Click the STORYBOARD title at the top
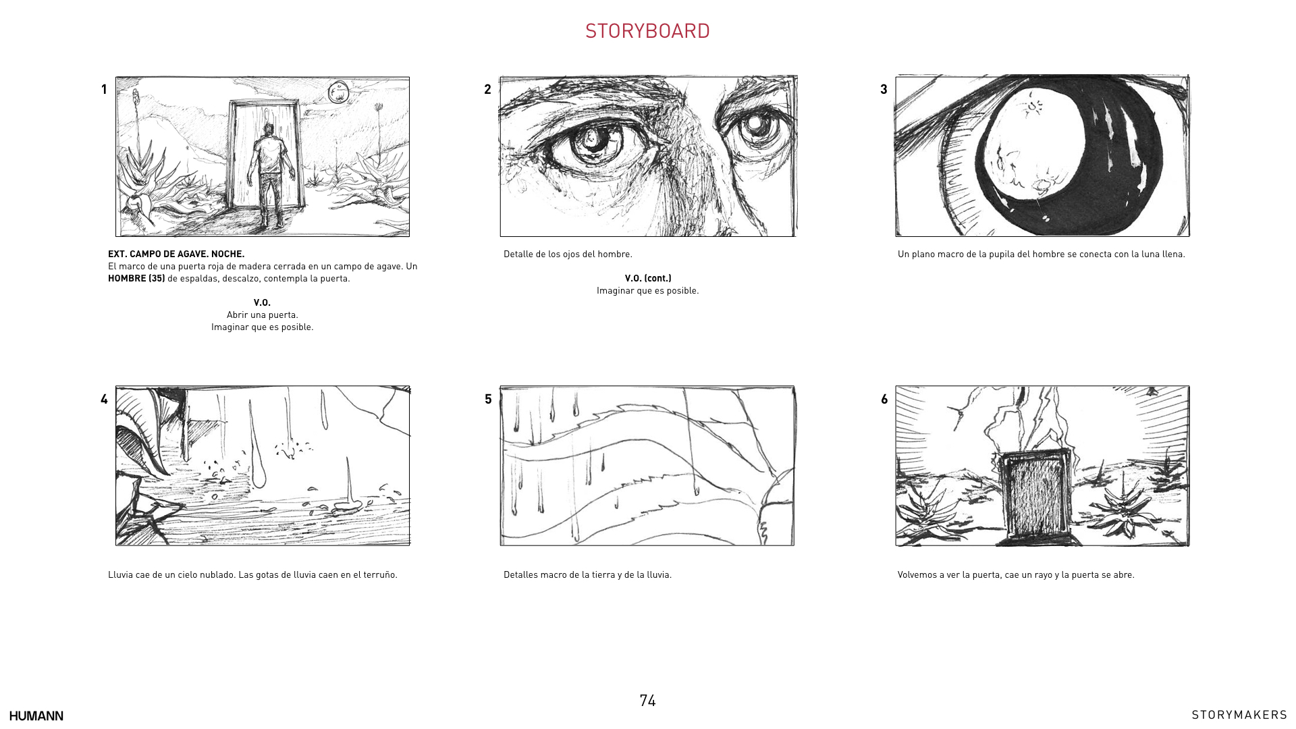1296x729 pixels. (647, 31)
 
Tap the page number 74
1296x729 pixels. (647, 701)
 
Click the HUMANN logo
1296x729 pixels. (36, 715)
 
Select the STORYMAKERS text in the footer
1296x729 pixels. (1239, 715)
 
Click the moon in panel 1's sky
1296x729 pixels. (338, 92)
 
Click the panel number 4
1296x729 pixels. (104, 399)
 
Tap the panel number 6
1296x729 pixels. (884, 399)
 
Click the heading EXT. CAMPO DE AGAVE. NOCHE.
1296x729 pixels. (176, 254)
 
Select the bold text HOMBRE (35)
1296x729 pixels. (136, 278)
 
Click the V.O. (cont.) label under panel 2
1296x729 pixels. (648, 278)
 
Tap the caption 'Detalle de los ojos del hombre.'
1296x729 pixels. (568, 254)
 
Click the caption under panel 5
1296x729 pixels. (587, 574)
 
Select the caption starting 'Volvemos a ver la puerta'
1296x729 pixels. (1016, 574)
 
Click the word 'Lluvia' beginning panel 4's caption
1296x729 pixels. (120, 574)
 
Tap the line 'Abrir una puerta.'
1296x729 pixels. (263, 315)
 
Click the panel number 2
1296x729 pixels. (487, 89)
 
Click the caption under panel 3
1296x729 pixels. (1042, 254)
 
